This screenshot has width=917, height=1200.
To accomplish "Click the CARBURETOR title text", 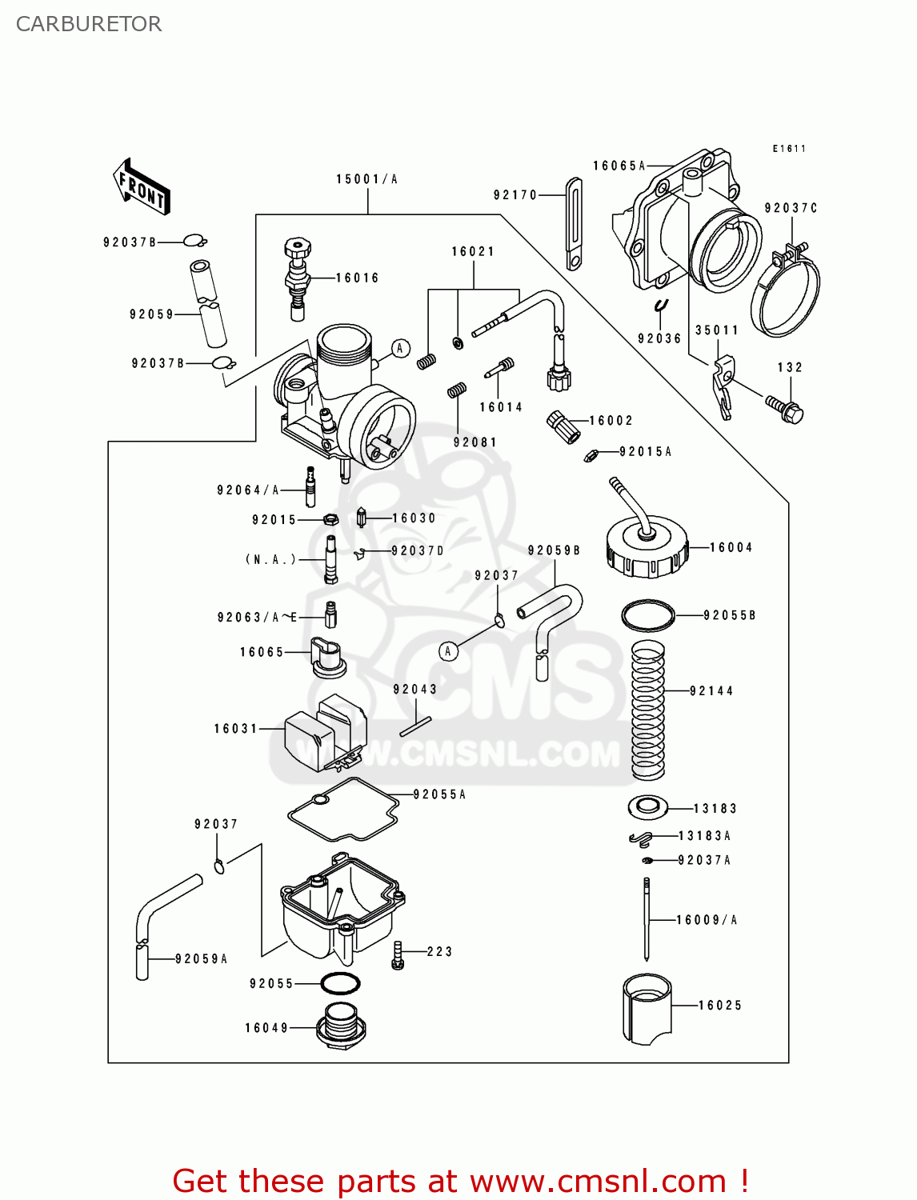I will [88, 24].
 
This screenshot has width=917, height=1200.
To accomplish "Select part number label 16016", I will [357, 278].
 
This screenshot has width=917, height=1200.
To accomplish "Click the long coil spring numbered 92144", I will [648, 710].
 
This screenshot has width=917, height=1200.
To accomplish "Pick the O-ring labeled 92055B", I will [648, 615].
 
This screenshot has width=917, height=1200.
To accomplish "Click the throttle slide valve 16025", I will [647, 1010].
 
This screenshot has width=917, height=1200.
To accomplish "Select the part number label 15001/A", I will [366, 179].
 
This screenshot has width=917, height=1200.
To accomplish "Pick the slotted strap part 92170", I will [574, 224].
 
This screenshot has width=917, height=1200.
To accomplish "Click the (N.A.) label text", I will [270, 559].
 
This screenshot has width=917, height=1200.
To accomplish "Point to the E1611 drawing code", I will [789, 149].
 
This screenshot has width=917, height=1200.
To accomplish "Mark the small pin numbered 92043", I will [415, 726].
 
